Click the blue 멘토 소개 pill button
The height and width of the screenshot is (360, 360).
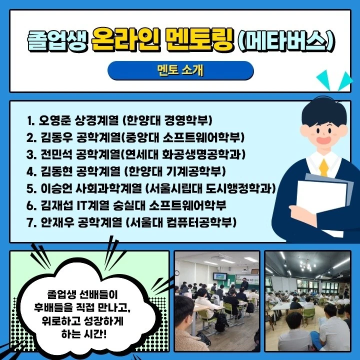coord(180,70)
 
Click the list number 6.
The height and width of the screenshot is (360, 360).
coord(30,205)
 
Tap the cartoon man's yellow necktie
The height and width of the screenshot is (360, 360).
coord(324,167)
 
